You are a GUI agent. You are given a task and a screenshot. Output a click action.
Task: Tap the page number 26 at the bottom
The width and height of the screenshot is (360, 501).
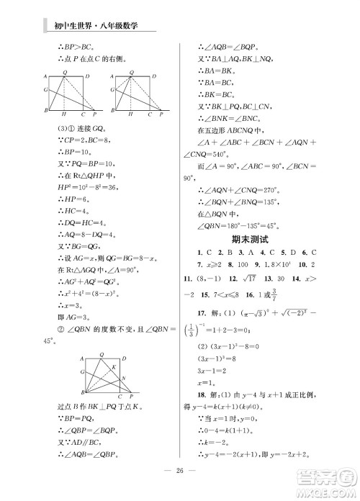coord(180,472)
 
